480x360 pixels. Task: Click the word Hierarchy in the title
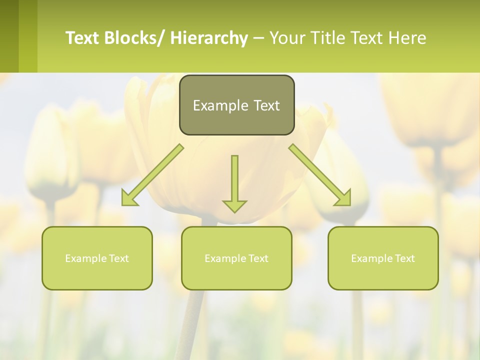tap(209, 38)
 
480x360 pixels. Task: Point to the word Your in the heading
tap(287, 38)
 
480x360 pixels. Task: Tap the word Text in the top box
tap(266, 106)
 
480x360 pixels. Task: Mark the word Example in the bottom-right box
tap(369, 258)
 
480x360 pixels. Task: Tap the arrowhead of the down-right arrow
tap(344, 199)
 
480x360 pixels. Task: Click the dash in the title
tap(258, 38)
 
